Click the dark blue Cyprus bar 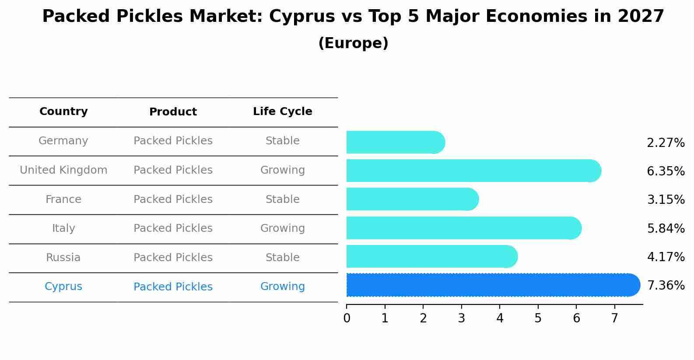[x=490, y=285]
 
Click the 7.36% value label [x=666, y=286]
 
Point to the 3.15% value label [x=666, y=200]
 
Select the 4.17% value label [x=666, y=257]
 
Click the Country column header [x=63, y=112]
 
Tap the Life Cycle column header [x=282, y=112]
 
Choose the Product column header [x=173, y=112]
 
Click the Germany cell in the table [x=63, y=141]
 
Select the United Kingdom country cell [x=63, y=170]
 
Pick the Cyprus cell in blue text [x=63, y=287]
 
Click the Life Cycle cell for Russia [x=282, y=258]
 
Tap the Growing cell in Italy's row [x=282, y=228]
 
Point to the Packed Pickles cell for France [x=173, y=199]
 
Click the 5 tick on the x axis [x=538, y=318]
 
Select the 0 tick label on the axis [x=347, y=318]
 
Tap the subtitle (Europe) [x=353, y=43]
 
